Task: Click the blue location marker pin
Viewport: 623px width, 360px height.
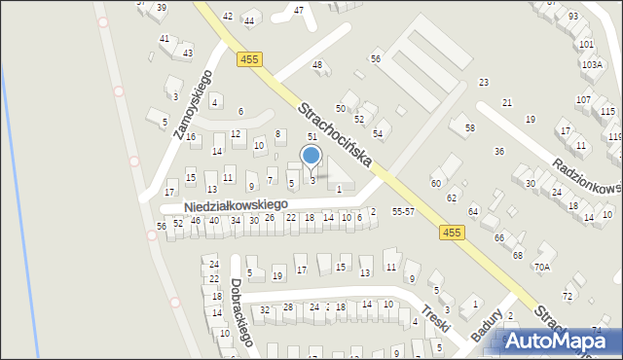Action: tap(311, 157)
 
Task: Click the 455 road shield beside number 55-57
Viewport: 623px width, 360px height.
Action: tap(451, 232)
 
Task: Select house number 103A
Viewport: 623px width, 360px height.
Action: tap(591, 64)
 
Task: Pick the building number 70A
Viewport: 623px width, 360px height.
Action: tap(541, 267)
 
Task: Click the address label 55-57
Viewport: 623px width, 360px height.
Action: tap(403, 211)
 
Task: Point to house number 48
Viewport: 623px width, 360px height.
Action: tap(316, 64)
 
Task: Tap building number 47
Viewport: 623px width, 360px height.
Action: tap(299, 10)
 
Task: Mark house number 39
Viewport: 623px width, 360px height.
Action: tap(161, 8)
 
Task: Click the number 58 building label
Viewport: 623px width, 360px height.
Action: tap(469, 128)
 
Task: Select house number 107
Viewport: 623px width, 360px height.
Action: tap(583, 99)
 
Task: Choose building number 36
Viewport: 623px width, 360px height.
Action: tap(498, 151)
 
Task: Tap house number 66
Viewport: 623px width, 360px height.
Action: tap(498, 237)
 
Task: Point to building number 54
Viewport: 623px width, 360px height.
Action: tap(378, 133)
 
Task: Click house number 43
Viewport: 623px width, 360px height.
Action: tap(187, 54)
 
